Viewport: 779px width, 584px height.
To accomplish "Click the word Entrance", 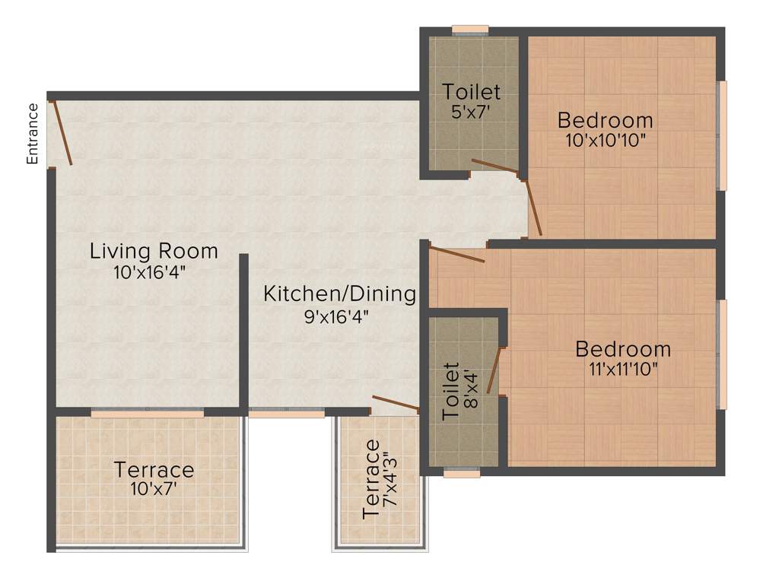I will tap(32, 134).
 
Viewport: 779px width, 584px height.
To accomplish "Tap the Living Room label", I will tap(154, 250).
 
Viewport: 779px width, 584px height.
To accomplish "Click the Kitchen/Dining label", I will tap(339, 294).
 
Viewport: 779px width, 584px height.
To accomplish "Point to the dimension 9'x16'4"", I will tap(339, 315).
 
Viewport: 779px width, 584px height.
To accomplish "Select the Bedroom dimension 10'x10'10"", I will tap(605, 141).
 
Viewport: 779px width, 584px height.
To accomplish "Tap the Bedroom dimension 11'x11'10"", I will tap(622, 370).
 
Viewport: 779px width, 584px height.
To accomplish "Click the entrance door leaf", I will tap(61, 132).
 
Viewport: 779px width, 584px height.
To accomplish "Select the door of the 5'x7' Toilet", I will tap(495, 168).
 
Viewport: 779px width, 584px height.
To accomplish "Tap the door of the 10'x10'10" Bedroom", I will tap(533, 207).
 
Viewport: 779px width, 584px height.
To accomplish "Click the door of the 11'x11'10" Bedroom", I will tap(456, 254).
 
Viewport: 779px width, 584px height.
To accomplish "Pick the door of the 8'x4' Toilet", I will tap(494, 370).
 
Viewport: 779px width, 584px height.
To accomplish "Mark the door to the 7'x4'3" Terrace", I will tap(396, 403).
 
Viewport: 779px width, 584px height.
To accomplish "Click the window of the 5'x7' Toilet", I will tap(470, 30).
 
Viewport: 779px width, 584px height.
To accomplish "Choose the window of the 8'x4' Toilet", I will tap(462, 473).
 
